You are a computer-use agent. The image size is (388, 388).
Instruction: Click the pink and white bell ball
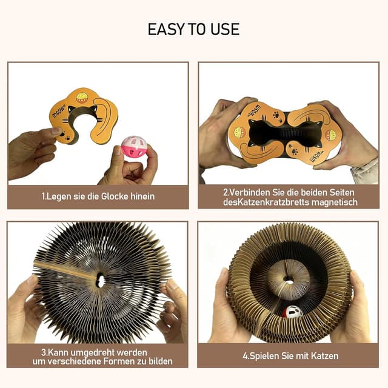134,147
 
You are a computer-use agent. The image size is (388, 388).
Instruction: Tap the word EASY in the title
166,29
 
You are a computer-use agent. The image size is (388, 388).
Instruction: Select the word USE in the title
225,29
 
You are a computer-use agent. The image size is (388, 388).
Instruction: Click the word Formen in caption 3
118,361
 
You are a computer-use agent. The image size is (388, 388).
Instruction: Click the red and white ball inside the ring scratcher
293,312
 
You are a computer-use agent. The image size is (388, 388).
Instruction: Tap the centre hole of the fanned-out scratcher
100,281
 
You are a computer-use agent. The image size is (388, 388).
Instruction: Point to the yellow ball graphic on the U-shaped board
82,98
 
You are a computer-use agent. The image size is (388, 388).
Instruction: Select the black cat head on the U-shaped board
82,111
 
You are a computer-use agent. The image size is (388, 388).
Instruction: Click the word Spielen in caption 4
264,356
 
